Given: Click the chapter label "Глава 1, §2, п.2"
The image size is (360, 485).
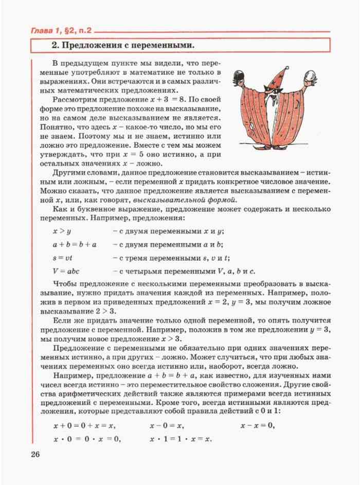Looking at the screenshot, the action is coord(61,30).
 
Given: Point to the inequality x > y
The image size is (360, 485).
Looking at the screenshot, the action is coord(62,231).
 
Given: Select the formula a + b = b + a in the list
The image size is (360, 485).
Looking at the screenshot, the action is coord(75,244).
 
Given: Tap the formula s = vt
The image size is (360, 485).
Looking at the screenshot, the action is coord(64,258).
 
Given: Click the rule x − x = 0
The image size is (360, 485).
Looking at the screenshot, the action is coord(257,426).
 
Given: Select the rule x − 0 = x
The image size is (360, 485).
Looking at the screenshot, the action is coord(167,426).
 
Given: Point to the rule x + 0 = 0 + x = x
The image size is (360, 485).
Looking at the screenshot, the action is coord(84,426).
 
